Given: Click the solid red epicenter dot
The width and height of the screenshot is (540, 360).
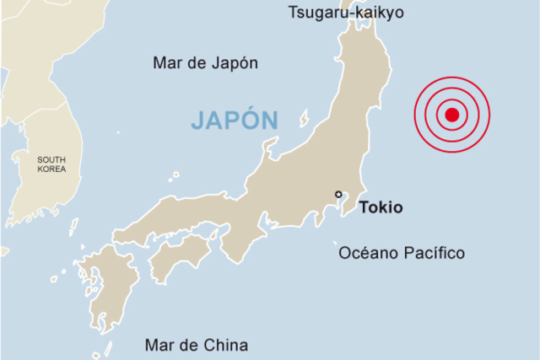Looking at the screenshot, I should point(451,115).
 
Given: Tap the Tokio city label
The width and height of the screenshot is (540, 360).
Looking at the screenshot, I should point(381,207).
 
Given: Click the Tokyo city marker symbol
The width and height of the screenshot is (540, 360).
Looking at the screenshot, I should point(338,195).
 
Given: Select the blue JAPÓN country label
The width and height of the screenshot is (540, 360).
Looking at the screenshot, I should point(234,121).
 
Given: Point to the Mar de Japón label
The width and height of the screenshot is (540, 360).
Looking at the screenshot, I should point(205,63).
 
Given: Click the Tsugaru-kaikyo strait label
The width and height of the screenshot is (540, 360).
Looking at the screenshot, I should point(346,13).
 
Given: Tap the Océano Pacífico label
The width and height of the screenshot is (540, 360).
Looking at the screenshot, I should point(402,253).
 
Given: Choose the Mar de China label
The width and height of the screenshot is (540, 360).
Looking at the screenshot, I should point(197,345).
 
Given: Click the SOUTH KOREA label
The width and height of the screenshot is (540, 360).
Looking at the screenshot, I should point(51,164).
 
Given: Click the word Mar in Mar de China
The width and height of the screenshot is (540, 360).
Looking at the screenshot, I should point(159,345).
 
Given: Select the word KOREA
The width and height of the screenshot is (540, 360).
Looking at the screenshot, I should point(51,169).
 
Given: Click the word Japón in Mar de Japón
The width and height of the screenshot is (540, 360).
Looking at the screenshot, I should point(236,63).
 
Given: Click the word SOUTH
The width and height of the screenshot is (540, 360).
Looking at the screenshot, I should point(51,159).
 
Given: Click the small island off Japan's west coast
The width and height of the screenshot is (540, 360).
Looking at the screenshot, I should point(304,118).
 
